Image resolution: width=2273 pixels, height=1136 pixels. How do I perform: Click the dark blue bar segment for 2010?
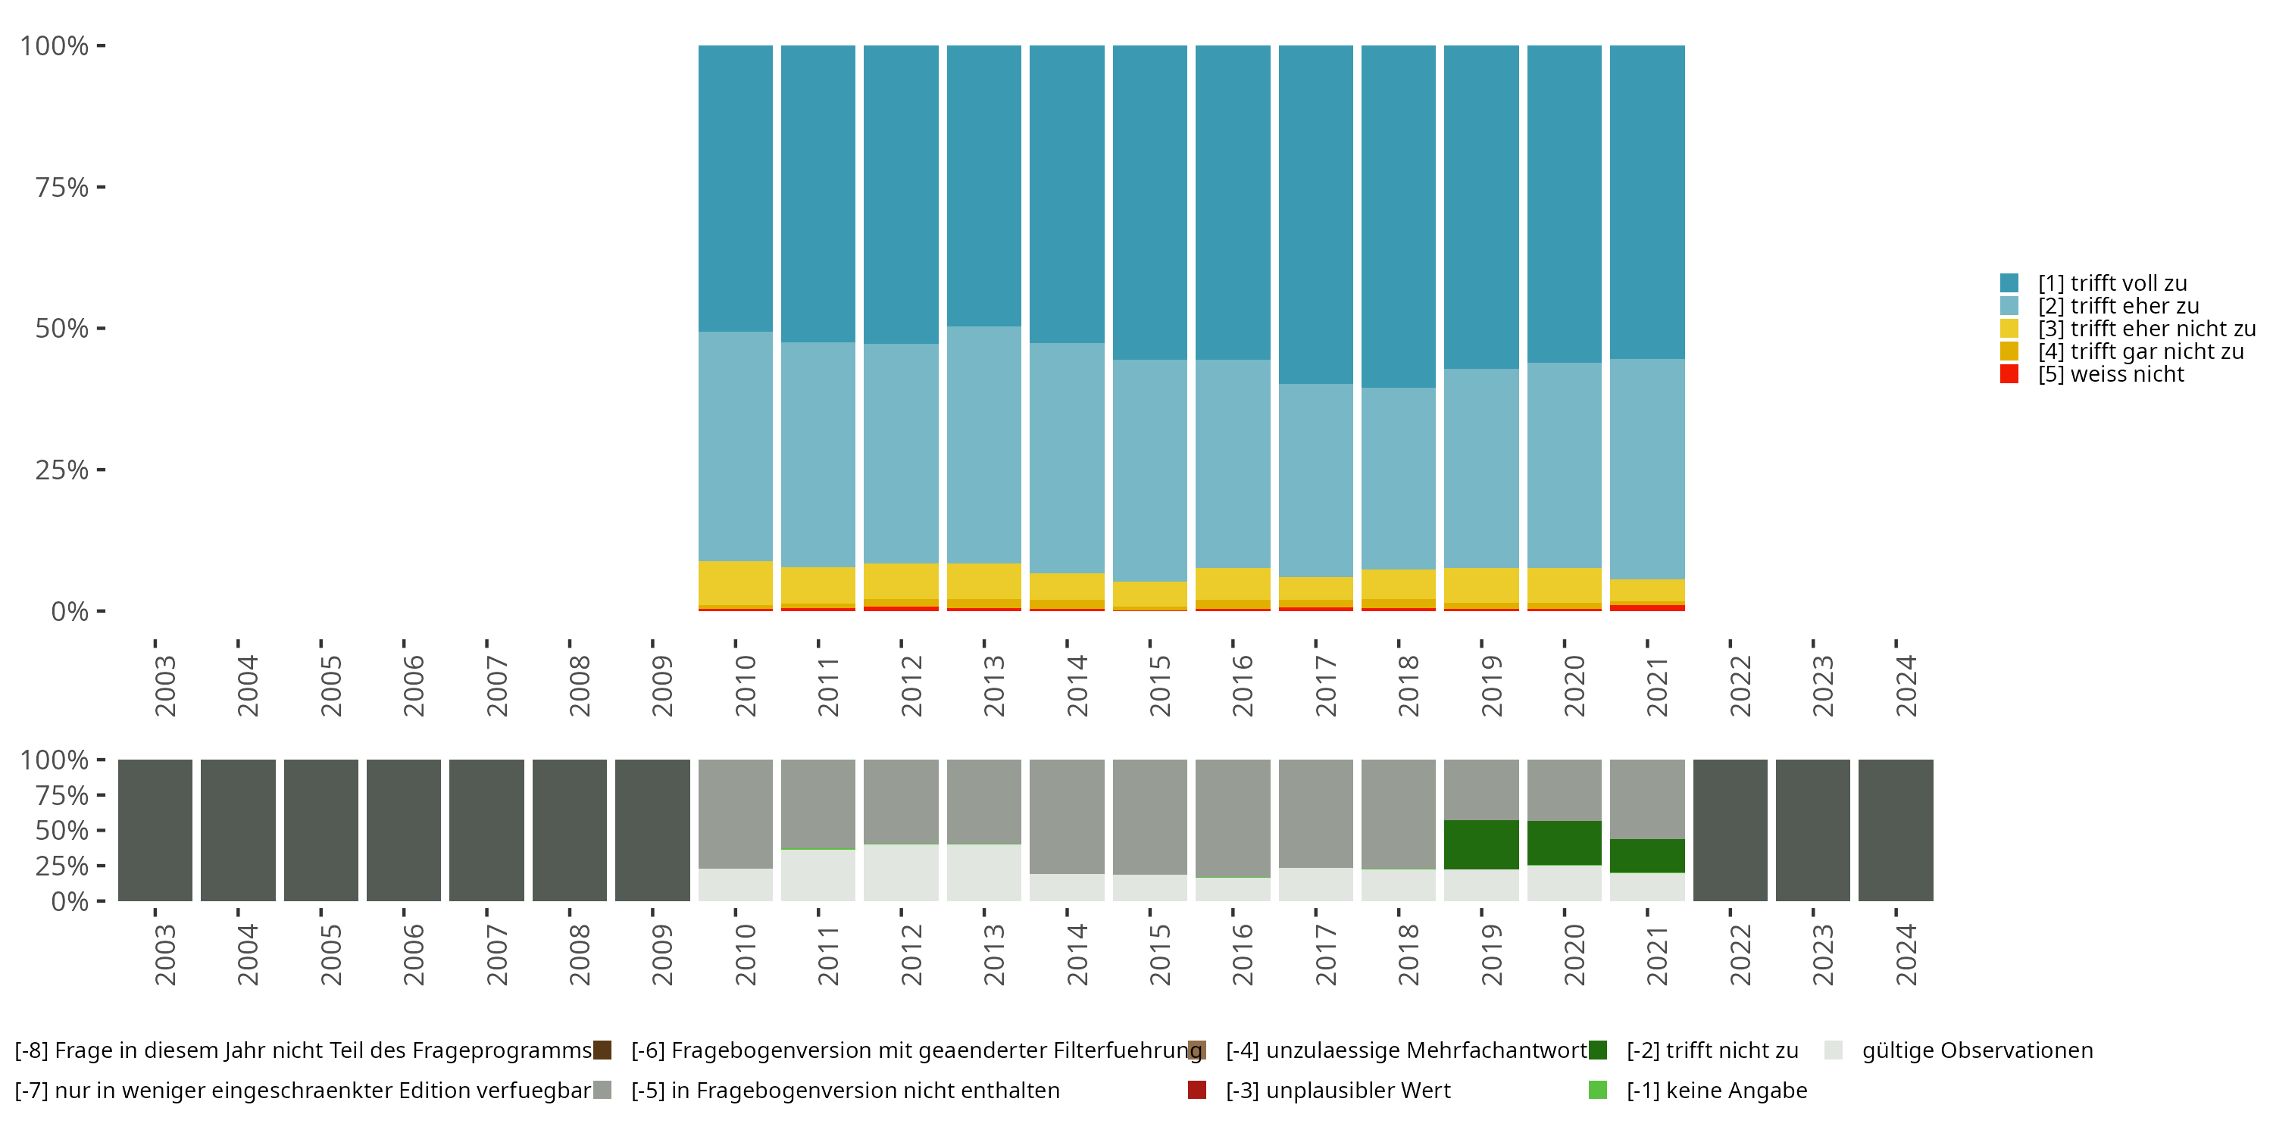point(735,188)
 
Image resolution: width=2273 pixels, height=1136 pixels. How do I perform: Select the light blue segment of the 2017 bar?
point(1315,480)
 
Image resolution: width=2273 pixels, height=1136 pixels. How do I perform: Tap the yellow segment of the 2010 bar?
point(735,582)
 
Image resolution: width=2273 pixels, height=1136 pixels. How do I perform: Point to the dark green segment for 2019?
point(1480,844)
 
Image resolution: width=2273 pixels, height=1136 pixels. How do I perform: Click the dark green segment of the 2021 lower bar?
point(1646,856)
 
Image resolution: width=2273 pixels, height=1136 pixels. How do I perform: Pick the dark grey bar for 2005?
point(320,830)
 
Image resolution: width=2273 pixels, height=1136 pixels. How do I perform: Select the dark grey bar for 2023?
point(1812,830)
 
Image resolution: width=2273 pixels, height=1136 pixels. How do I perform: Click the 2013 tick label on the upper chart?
point(993,685)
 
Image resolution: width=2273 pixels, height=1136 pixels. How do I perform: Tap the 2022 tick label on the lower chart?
point(1739,954)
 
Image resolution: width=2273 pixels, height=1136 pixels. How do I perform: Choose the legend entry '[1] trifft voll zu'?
point(2112,283)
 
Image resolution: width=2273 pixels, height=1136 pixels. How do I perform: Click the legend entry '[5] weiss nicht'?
point(2110,374)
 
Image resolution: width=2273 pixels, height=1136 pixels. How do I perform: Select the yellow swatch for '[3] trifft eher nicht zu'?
point(2009,328)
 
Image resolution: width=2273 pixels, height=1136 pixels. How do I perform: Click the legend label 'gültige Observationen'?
point(1977,1050)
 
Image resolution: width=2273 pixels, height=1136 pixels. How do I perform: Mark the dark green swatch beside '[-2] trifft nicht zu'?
point(1597,1050)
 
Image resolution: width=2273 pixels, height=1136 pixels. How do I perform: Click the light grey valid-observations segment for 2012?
point(900,872)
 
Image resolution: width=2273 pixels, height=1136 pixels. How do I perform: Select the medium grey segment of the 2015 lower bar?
point(1149,816)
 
